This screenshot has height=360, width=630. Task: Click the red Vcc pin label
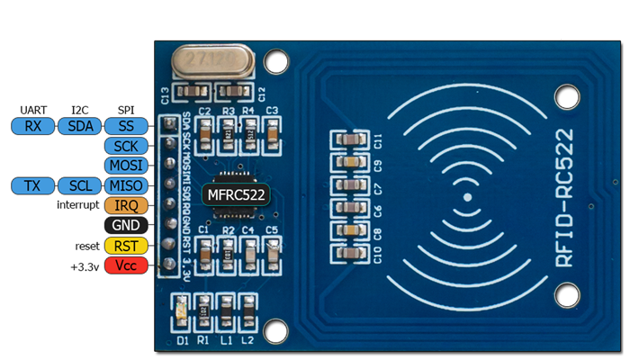pyautogui.click(x=126, y=265)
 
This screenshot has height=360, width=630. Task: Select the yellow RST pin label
pyautogui.click(x=126, y=246)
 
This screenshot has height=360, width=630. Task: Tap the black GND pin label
pyautogui.click(x=126, y=226)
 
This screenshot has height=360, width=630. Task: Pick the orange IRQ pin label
pyautogui.click(x=126, y=206)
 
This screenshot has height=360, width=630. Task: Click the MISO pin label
pyautogui.click(x=126, y=185)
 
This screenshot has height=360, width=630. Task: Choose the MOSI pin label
pyautogui.click(x=126, y=166)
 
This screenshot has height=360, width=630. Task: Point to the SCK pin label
pyautogui.click(x=126, y=146)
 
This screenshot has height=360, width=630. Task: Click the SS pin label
pyautogui.click(x=126, y=126)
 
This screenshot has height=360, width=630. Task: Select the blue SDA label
pyautogui.click(x=80, y=126)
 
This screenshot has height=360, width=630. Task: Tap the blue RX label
pyautogui.click(x=33, y=126)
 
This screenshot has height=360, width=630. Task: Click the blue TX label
pyautogui.click(x=33, y=185)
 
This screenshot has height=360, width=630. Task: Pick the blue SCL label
pyautogui.click(x=80, y=185)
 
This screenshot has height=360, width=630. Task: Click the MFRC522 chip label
pyautogui.click(x=238, y=193)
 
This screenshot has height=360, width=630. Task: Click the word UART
pyautogui.click(x=33, y=109)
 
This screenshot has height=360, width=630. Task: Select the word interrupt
pyautogui.click(x=77, y=206)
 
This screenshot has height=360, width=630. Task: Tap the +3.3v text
pyautogui.click(x=85, y=266)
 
